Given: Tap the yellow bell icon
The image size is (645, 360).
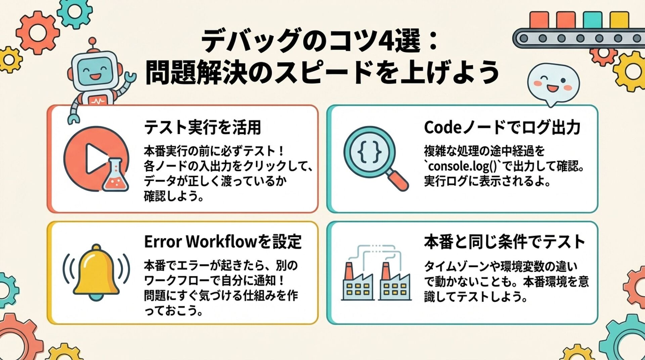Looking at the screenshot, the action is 96,272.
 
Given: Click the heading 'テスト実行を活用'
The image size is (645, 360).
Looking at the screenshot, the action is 203,128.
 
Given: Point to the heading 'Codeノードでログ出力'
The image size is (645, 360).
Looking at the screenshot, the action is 502,128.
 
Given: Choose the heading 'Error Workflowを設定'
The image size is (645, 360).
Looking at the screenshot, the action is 223,242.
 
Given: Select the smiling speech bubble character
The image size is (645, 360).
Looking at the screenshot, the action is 553,83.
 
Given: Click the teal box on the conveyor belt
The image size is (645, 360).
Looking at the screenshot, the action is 593,20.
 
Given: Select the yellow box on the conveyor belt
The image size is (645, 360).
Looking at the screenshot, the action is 619,20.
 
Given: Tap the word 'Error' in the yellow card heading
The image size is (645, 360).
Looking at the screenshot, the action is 163,242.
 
